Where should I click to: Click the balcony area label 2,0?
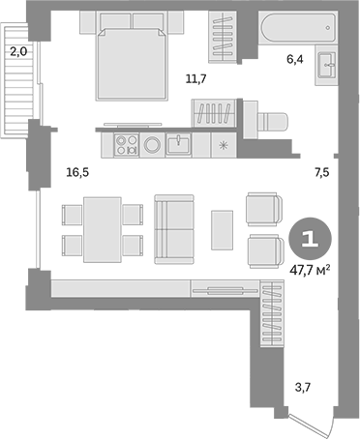18,53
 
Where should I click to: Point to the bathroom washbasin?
324,69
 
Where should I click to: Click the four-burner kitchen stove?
126,145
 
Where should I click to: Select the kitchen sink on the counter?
178,145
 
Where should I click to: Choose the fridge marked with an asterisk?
225,145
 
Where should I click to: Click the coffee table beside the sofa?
223,231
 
